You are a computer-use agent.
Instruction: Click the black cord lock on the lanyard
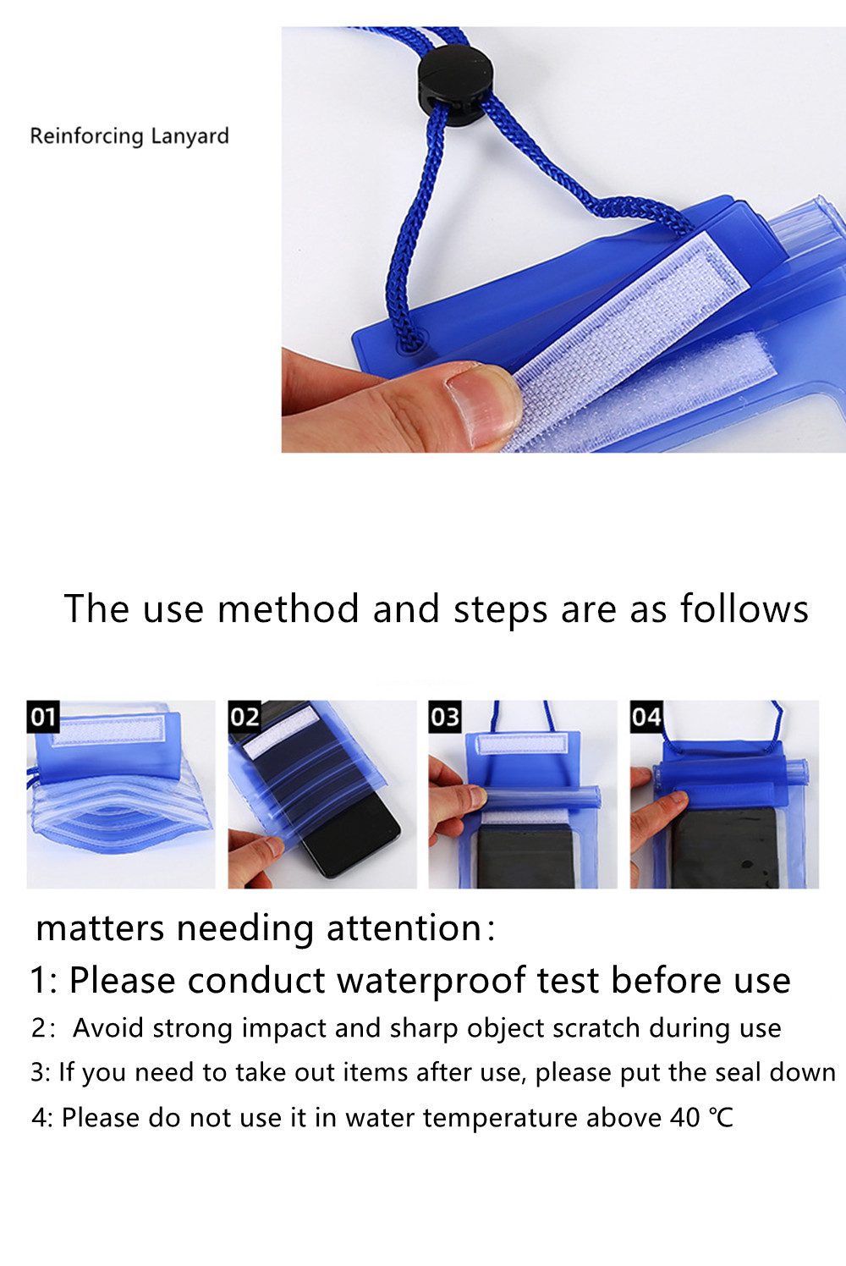(455, 85)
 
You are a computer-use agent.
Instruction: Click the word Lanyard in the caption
(190, 137)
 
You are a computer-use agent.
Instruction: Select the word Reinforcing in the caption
(87, 137)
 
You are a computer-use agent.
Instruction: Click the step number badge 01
(43, 717)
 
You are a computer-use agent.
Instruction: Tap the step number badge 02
(244, 717)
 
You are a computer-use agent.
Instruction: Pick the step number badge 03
(445, 717)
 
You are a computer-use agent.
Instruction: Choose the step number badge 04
(646, 717)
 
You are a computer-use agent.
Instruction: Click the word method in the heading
(288, 608)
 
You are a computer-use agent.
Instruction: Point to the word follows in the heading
(744, 608)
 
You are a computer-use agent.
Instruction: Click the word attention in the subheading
(404, 928)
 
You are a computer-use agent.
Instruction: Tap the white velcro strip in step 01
(108, 729)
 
